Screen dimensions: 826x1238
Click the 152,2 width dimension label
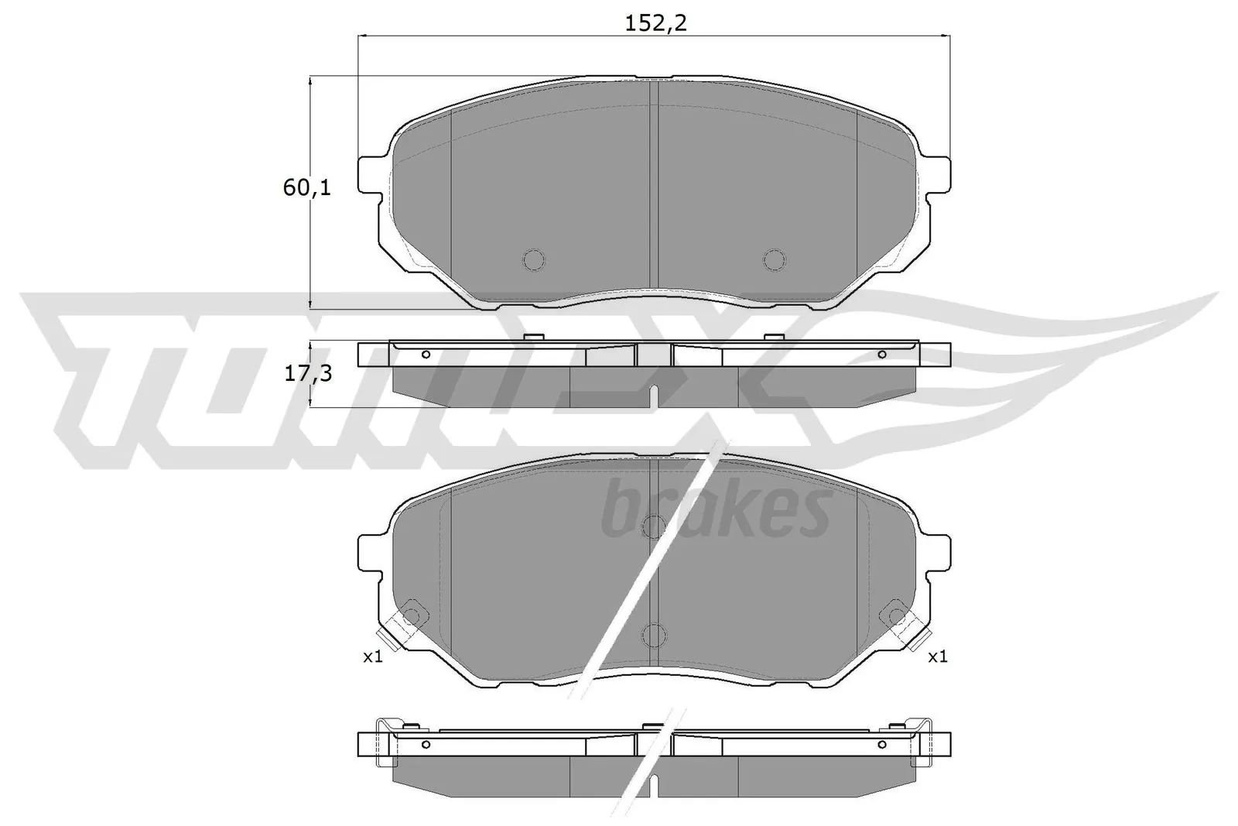tap(655, 24)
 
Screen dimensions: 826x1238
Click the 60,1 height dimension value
tap(306, 187)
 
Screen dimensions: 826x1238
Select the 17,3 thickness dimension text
tap(308, 374)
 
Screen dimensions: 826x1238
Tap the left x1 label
tap(373, 657)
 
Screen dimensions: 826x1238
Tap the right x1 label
tap(937, 657)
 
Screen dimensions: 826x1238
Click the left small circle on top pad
tap(534, 259)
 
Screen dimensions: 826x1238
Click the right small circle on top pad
tap(774, 259)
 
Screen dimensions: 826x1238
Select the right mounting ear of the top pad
tap(937, 175)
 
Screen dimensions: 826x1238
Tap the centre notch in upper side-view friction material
tap(654, 396)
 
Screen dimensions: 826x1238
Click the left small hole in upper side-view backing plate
tap(426, 355)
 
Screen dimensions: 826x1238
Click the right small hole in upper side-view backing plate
tap(881, 355)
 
